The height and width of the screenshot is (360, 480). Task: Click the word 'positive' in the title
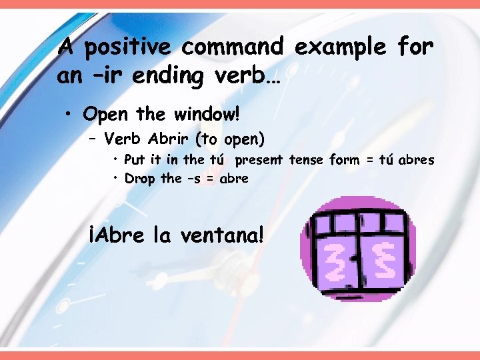point(127,48)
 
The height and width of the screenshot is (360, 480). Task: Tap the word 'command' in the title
point(231,48)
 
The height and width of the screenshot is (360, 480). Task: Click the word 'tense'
point(309,160)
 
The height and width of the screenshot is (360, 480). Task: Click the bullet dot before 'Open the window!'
point(69,115)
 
